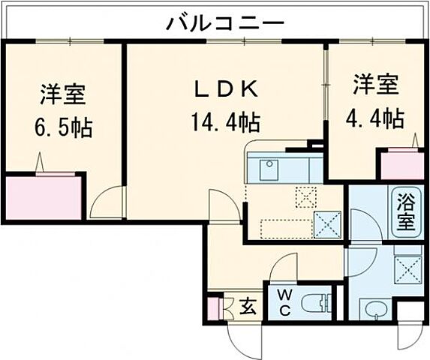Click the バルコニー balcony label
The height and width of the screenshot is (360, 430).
225,22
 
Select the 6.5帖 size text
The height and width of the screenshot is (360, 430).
63,127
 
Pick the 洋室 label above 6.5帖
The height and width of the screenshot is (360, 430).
63,96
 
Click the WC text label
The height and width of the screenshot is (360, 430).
286,302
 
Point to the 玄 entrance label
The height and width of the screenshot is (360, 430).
247,306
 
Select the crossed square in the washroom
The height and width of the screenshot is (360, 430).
408,267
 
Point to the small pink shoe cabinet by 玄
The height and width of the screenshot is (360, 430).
212,307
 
